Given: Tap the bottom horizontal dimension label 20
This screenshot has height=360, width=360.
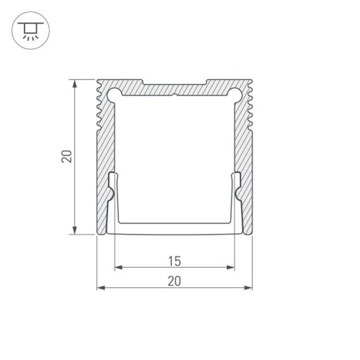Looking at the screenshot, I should coord(174,281).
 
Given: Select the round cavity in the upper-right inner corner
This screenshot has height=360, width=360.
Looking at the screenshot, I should coord(235,95).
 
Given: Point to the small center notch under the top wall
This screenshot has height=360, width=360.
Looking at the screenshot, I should coord(174,97).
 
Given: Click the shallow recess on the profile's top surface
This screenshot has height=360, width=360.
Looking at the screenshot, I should coord(174,83).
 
